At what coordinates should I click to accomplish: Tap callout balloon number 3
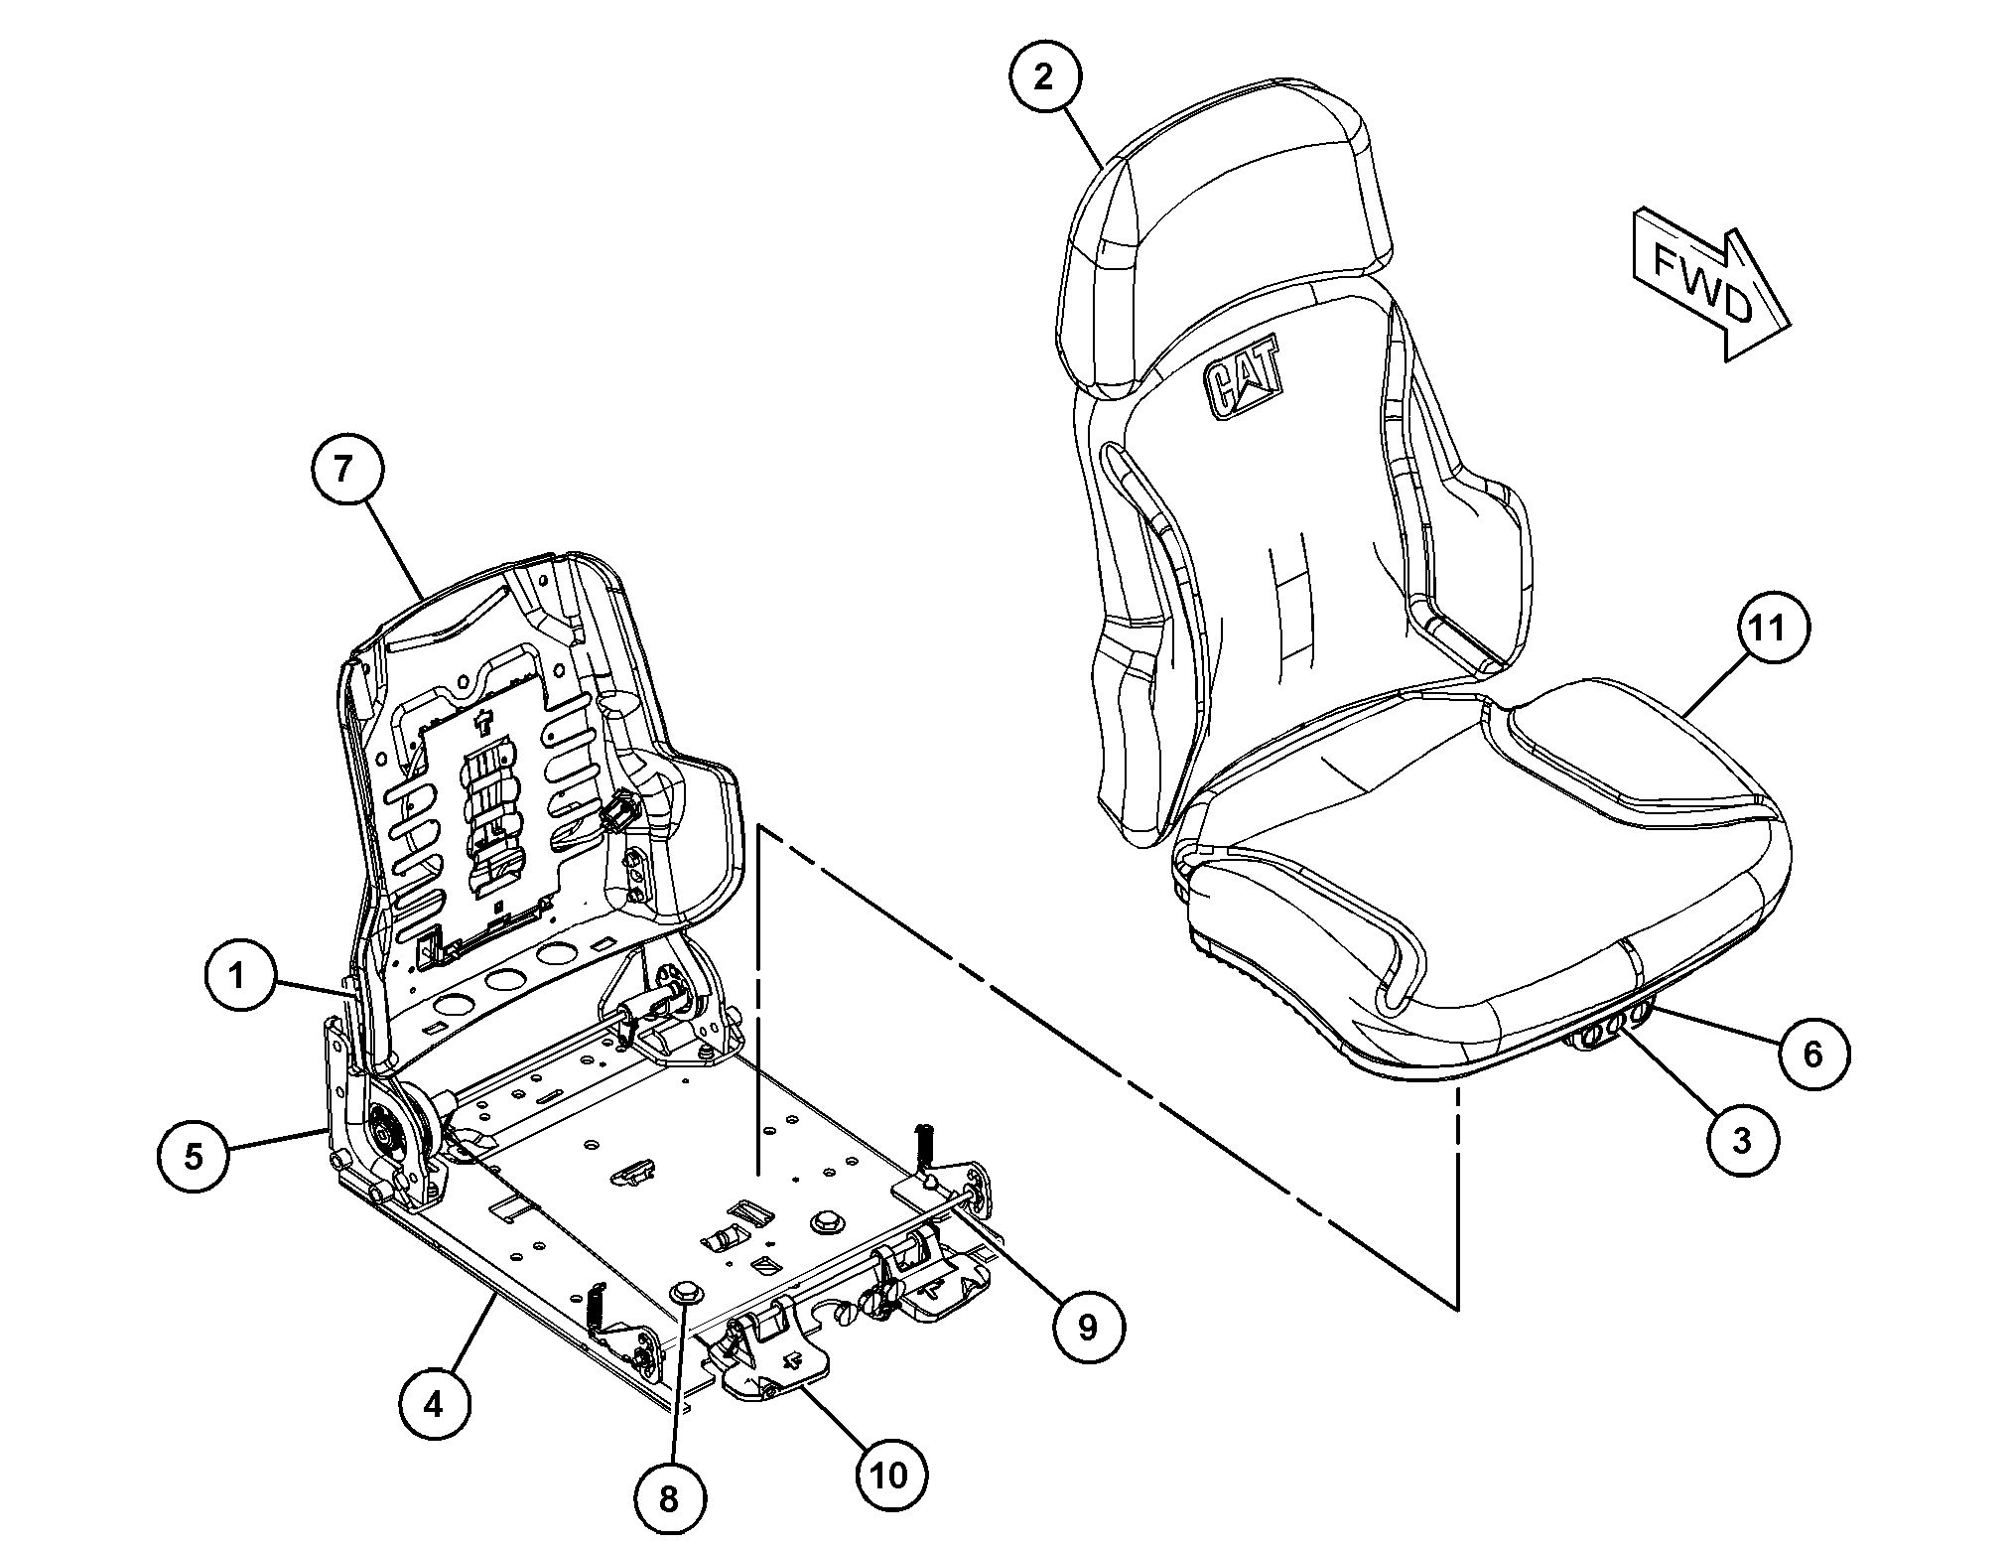(x=1742, y=1141)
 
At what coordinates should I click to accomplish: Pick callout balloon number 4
(x=435, y=1405)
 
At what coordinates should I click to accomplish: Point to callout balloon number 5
(x=194, y=1155)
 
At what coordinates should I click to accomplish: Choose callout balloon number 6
(x=1813, y=1054)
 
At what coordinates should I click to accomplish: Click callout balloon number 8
(x=669, y=1498)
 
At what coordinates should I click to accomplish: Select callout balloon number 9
(x=1088, y=1327)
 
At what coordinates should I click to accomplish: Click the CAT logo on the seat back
(x=1243, y=378)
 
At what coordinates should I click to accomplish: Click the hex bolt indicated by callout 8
(x=684, y=1291)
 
